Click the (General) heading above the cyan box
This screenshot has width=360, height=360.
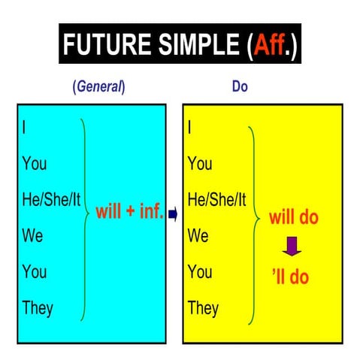(98, 87)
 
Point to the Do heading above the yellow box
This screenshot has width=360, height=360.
(240, 87)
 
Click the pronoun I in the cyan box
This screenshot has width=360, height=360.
(24, 127)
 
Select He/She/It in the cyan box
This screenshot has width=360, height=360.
(51, 199)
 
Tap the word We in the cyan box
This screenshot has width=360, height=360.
(33, 235)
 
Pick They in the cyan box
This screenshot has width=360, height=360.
(38, 307)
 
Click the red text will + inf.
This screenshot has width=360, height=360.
(129, 212)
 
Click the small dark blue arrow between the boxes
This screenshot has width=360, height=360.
(173, 214)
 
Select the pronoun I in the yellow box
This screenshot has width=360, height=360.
(189, 127)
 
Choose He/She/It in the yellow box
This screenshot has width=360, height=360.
(216, 199)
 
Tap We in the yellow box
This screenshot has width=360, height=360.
(198, 235)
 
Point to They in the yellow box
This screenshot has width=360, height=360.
(203, 307)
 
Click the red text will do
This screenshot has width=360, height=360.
(294, 218)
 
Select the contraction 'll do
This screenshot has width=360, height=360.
(291, 277)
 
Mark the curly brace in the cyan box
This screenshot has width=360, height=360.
(86, 218)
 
